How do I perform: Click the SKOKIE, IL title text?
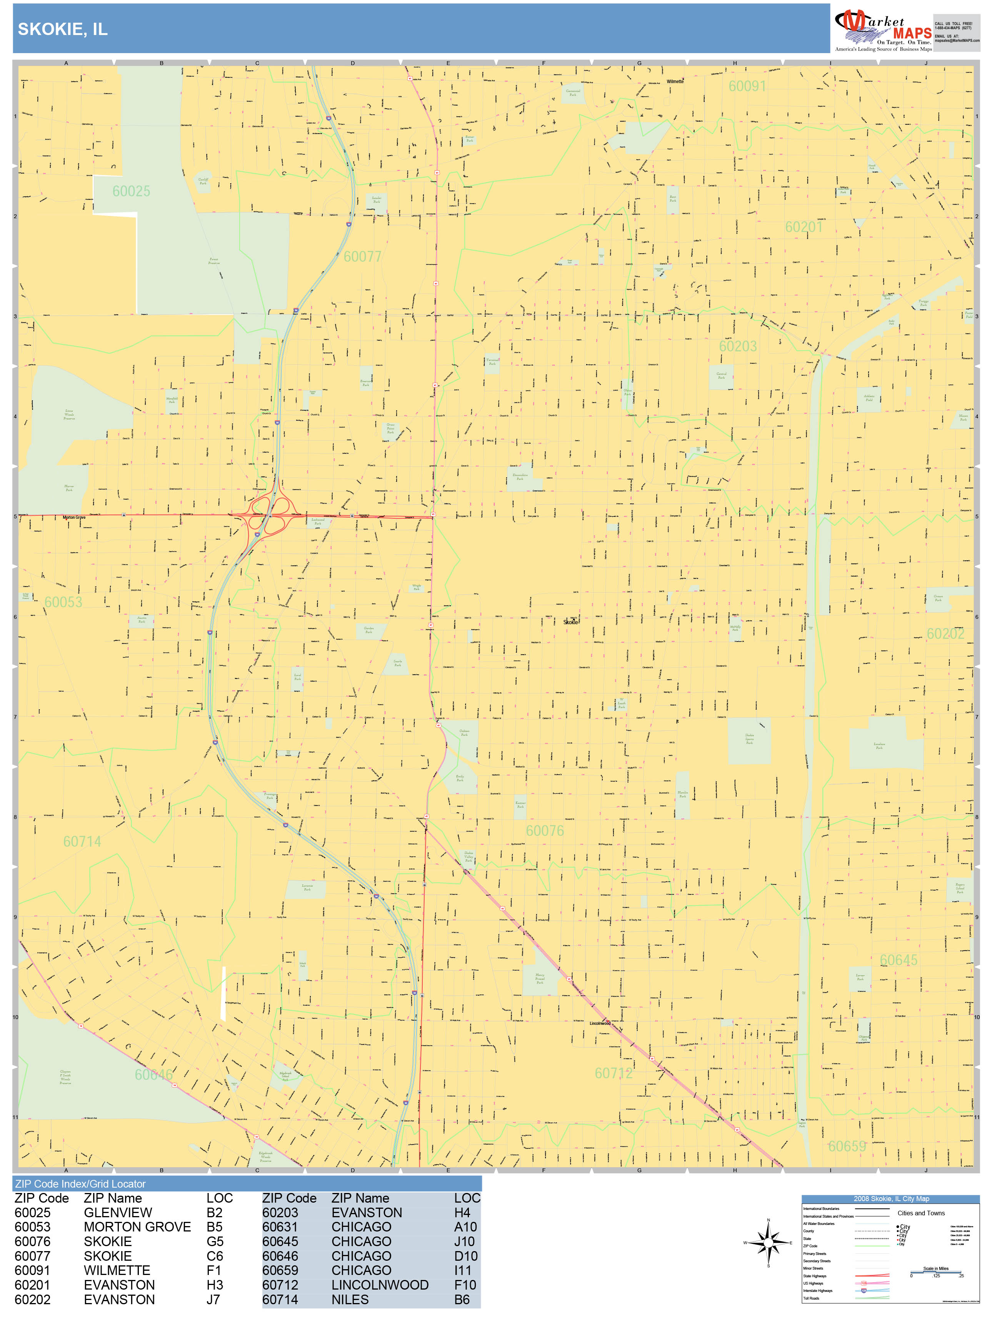click(62, 29)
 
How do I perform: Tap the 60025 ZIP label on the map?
click(131, 191)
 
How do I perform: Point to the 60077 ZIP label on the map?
click(362, 257)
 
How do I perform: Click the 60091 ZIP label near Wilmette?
click(747, 86)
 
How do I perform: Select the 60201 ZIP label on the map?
click(804, 227)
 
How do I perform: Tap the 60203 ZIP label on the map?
click(738, 346)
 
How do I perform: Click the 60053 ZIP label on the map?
click(63, 602)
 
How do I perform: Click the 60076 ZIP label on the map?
click(545, 830)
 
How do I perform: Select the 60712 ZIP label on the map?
click(614, 1073)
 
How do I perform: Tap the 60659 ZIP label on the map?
click(847, 1146)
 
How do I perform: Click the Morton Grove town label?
click(74, 517)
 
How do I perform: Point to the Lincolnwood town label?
click(599, 1023)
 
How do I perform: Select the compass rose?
click(768, 1242)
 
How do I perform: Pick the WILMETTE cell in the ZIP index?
click(117, 1270)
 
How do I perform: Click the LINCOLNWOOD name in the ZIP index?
click(380, 1285)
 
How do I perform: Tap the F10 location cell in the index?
click(465, 1285)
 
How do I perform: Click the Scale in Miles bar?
click(936, 1272)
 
